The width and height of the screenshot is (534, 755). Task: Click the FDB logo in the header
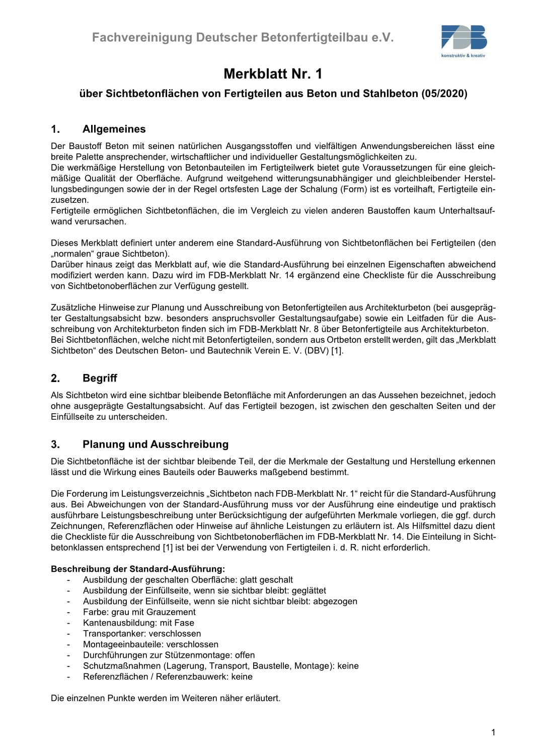click(x=464, y=38)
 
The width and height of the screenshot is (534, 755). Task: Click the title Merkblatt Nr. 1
click(x=272, y=74)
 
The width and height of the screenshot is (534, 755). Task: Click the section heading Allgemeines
click(x=114, y=129)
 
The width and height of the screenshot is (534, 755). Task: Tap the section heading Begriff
click(x=100, y=378)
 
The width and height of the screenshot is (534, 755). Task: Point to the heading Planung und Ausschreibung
click(x=155, y=444)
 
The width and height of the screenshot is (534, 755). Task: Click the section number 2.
click(x=55, y=378)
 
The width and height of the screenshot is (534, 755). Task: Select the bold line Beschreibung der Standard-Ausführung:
click(x=138, y=569)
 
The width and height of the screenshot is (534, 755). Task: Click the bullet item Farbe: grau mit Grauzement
click(x=139, y=612)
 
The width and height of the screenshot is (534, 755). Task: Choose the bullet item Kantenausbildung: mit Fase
click(x=138, y=623)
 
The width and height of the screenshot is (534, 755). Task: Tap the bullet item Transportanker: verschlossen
click(x=142, y=634)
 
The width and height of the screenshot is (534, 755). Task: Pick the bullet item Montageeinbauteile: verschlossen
click(x=150, y=644)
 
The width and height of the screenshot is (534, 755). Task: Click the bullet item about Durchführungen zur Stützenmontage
click(x=169, y=655)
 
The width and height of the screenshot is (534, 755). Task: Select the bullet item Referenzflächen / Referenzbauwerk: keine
click(x=168, y=676)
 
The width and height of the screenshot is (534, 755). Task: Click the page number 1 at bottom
click(x=493, y=732)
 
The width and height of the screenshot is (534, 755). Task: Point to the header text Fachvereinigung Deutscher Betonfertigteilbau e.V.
click(x=243, y=38)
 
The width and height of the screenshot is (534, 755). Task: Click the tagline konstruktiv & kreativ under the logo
click(x=463, y=56)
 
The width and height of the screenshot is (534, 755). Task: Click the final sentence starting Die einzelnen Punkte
click(x=166, y=698)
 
